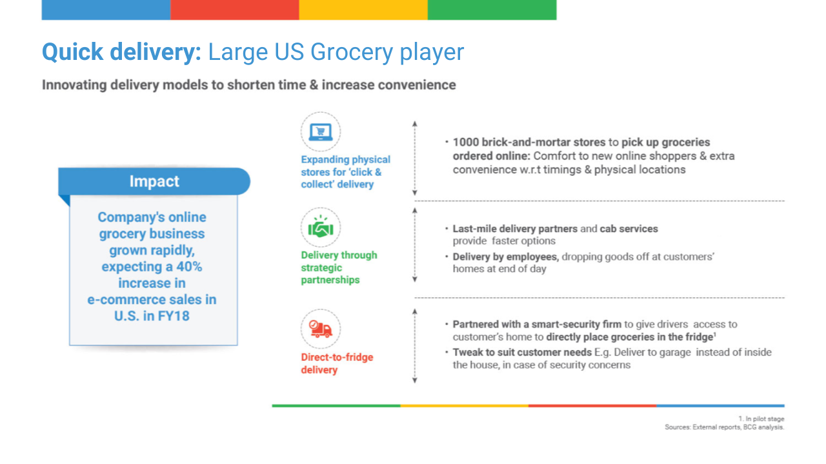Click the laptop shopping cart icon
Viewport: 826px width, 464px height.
321,132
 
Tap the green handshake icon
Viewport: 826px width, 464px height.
321,227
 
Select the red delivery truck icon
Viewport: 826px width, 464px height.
321,329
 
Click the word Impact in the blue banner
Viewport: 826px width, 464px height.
154,181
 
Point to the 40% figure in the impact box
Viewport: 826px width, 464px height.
189,267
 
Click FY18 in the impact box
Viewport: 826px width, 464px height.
174,316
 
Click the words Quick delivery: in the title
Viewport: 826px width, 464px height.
122,52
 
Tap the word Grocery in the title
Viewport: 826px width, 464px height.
352,52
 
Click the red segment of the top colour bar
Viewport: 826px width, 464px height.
234,10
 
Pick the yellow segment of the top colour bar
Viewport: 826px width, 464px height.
363,10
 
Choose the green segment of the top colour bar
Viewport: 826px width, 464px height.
492,10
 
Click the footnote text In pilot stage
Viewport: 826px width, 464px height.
765,419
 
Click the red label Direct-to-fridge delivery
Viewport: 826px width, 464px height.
337,363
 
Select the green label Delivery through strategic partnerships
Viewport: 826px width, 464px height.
339,267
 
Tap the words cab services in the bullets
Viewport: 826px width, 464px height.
629,229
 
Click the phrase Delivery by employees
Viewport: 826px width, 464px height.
505,256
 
